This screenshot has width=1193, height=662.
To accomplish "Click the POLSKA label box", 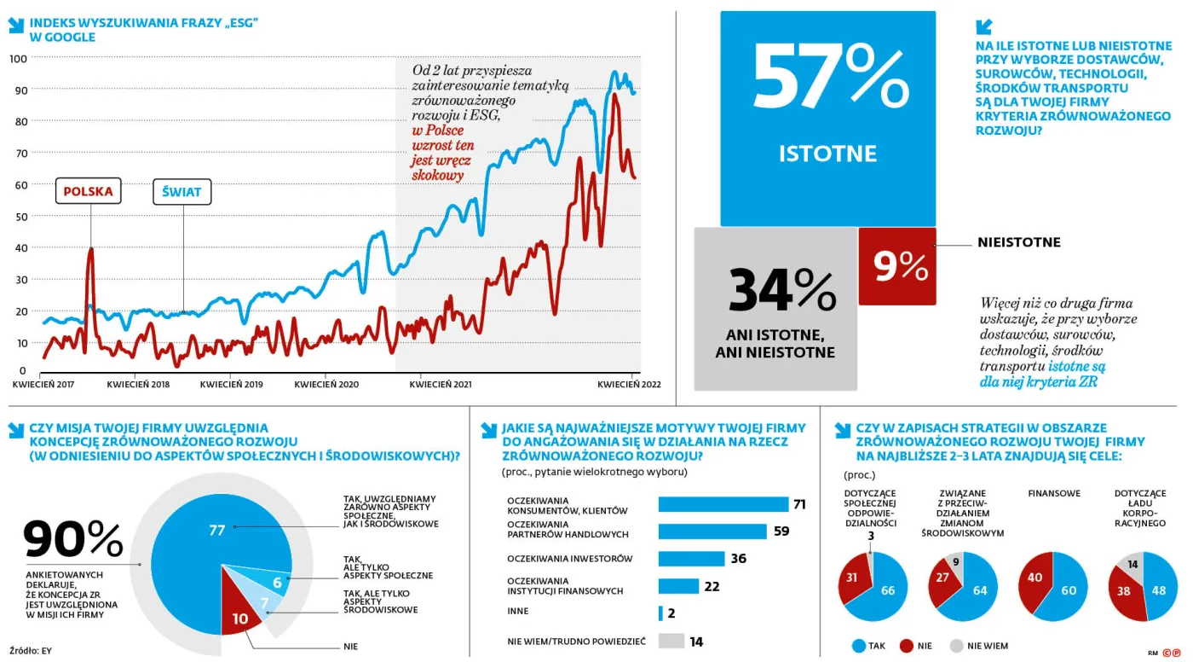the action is click(x=89, y=191).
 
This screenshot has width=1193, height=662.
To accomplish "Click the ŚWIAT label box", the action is click(x=182, y=192).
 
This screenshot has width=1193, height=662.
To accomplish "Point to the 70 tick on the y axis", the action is click(x=21, y=154).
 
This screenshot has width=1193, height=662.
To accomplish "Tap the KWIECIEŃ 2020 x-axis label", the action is click(x=326, y=384).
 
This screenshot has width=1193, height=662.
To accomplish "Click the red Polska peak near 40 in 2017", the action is click(x=90, y=249).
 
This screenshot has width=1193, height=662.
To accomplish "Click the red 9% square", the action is click(x=897, y=266).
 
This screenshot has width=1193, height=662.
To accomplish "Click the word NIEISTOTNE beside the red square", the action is click(x=1019, y=242).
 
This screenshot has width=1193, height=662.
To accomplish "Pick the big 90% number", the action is click(x=73, y=539).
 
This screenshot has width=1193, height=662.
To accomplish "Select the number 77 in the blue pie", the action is click(x=216, y=531).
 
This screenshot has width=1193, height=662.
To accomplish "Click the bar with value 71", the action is click(x=723, y=504).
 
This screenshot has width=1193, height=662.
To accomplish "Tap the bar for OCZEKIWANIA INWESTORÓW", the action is click(x=691, y=559).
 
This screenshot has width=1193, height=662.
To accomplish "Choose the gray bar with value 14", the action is click(x=671, y=641).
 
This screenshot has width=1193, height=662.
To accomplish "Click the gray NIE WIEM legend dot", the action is click(x=956, y=646).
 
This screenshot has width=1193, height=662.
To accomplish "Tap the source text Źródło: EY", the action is click(x=31, y=651).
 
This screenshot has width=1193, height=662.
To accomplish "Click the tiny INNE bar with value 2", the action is click(x=660, y=613).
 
